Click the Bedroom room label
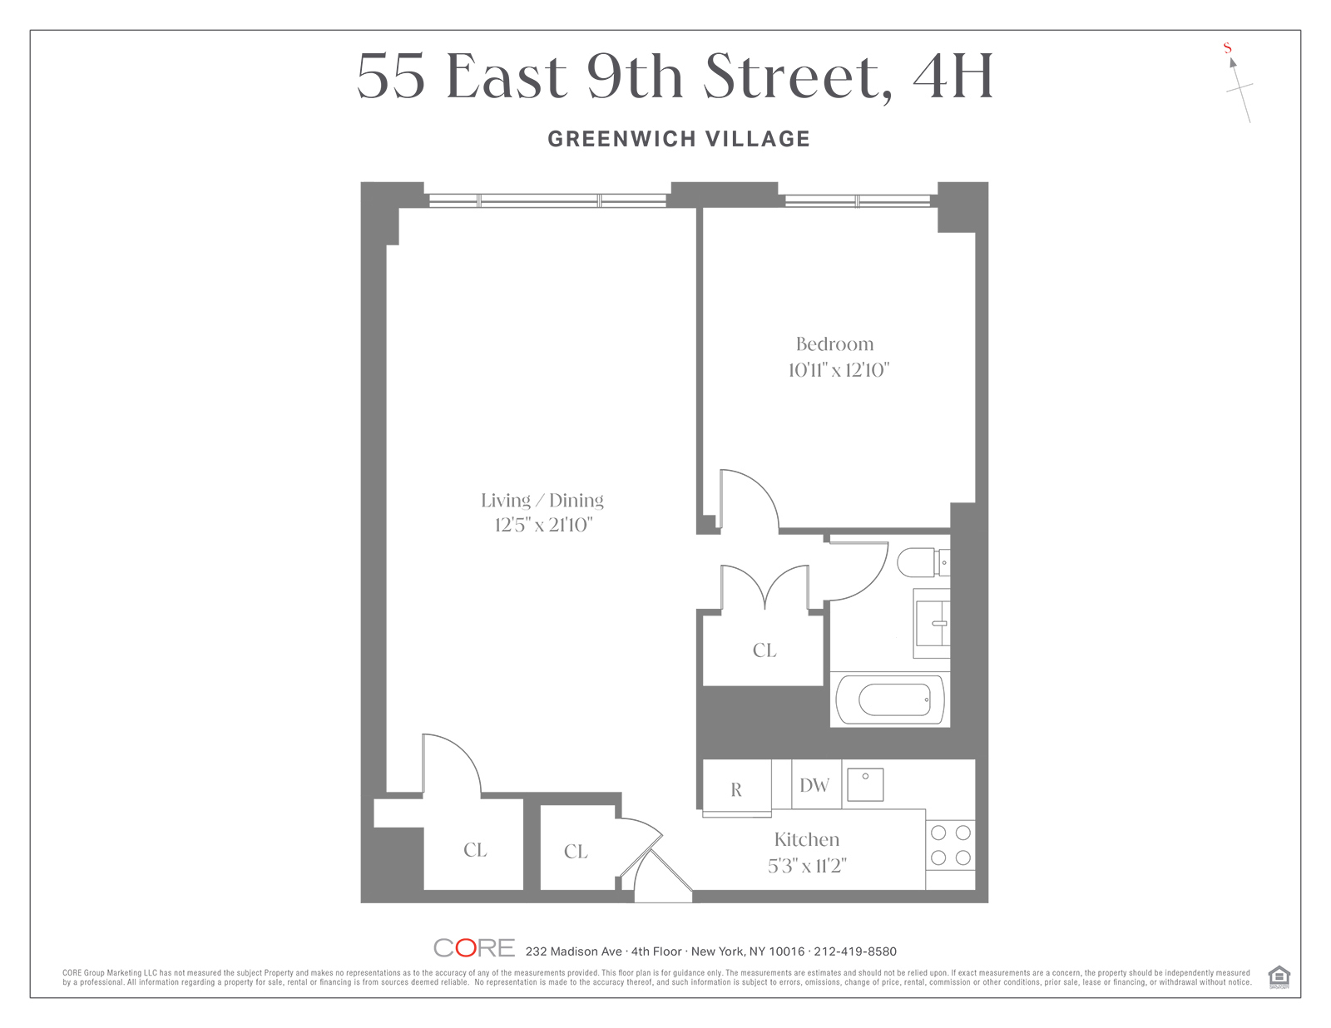[x=834, y=344]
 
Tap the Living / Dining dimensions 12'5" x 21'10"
[x=543, y=525]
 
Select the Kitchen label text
[x=807, y=839]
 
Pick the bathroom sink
[x=932, y=623]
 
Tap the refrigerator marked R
[x=737, y=788]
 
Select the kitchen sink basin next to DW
[x=865, y=784]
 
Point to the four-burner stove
[x=950, y=845]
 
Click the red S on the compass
[x=1227, y=47]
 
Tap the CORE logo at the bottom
[x=473, y=948]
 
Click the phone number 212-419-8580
[x=855, y=951]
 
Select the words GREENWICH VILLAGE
[x=679, y=139]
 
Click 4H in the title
[x=952, y=77]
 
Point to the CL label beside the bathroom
[x=764, y=650]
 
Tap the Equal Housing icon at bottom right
[x=1279, y=976]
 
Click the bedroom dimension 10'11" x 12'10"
[x=838, y=370]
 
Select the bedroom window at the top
[x=858, y=200]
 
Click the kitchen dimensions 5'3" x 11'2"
[x=807, y=866]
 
